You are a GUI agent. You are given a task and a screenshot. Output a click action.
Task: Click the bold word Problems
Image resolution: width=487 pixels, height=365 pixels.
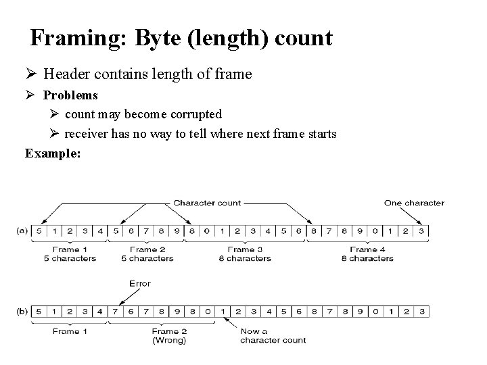tap(70, 95)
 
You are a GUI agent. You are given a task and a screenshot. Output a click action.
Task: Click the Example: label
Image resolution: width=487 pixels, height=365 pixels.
tap(53, 153)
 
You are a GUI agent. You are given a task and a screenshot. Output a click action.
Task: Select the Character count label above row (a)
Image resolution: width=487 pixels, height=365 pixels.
tap(207, 202)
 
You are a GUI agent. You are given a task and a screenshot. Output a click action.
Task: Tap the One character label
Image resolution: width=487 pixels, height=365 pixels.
tap(414, 202)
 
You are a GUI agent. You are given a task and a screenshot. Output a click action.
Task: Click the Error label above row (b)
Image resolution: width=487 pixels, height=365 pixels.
tap(139, 283)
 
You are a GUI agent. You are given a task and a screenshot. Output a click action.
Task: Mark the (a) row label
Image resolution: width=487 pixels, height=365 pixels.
tap(22, 231)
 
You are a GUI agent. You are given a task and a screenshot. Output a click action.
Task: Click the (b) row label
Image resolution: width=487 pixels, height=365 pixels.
tap(22, 311)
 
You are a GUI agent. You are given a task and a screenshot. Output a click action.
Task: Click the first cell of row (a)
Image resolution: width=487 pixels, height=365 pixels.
tap(39, 231)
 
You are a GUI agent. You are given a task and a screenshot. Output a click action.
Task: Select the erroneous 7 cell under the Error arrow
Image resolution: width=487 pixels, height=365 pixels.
tap(116, 311)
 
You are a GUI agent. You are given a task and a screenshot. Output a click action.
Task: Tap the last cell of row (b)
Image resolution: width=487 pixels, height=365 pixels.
tap(422, 311)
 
